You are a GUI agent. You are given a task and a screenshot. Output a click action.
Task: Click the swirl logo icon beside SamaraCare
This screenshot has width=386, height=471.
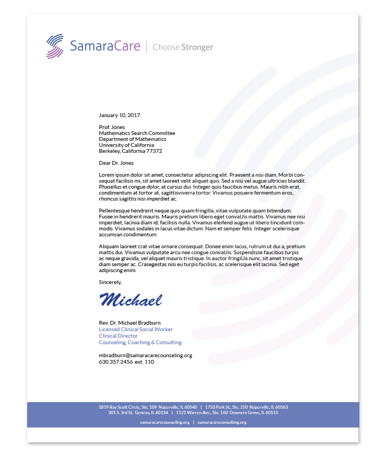(55, 46)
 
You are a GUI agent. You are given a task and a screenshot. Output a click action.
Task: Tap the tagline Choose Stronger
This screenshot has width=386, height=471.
(183, 47)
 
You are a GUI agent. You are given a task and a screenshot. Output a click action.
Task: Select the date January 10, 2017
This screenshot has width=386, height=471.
(119, 115)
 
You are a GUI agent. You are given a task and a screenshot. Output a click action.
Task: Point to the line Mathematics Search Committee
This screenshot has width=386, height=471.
(137, 133)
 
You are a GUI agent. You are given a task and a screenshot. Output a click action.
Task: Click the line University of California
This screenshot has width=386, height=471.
(126, 145)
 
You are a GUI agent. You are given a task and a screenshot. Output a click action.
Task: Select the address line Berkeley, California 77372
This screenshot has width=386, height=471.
(130, 151)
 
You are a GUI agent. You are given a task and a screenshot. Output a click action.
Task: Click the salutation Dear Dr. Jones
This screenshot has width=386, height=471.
(116, 163)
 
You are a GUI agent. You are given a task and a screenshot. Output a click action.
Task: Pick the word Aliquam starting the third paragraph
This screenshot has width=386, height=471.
(109, 246)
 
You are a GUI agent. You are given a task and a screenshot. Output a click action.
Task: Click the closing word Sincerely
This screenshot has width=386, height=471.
(110, 282)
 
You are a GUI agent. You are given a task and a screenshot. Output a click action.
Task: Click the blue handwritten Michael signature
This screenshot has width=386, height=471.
(131, 299)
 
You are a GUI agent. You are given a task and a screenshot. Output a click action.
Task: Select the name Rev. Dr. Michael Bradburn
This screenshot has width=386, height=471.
(130, 323)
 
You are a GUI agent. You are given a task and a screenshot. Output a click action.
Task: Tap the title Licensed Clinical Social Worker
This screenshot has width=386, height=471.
(136, 330)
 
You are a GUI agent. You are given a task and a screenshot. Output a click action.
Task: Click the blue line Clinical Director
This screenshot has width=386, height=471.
(118, 336)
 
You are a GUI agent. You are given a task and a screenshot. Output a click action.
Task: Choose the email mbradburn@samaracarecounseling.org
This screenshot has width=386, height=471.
(145, 356)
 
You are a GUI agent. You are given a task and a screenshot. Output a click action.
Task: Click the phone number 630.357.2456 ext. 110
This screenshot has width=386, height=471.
(126, 362)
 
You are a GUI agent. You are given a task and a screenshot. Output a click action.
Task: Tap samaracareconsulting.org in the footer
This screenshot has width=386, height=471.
(222, 422)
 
